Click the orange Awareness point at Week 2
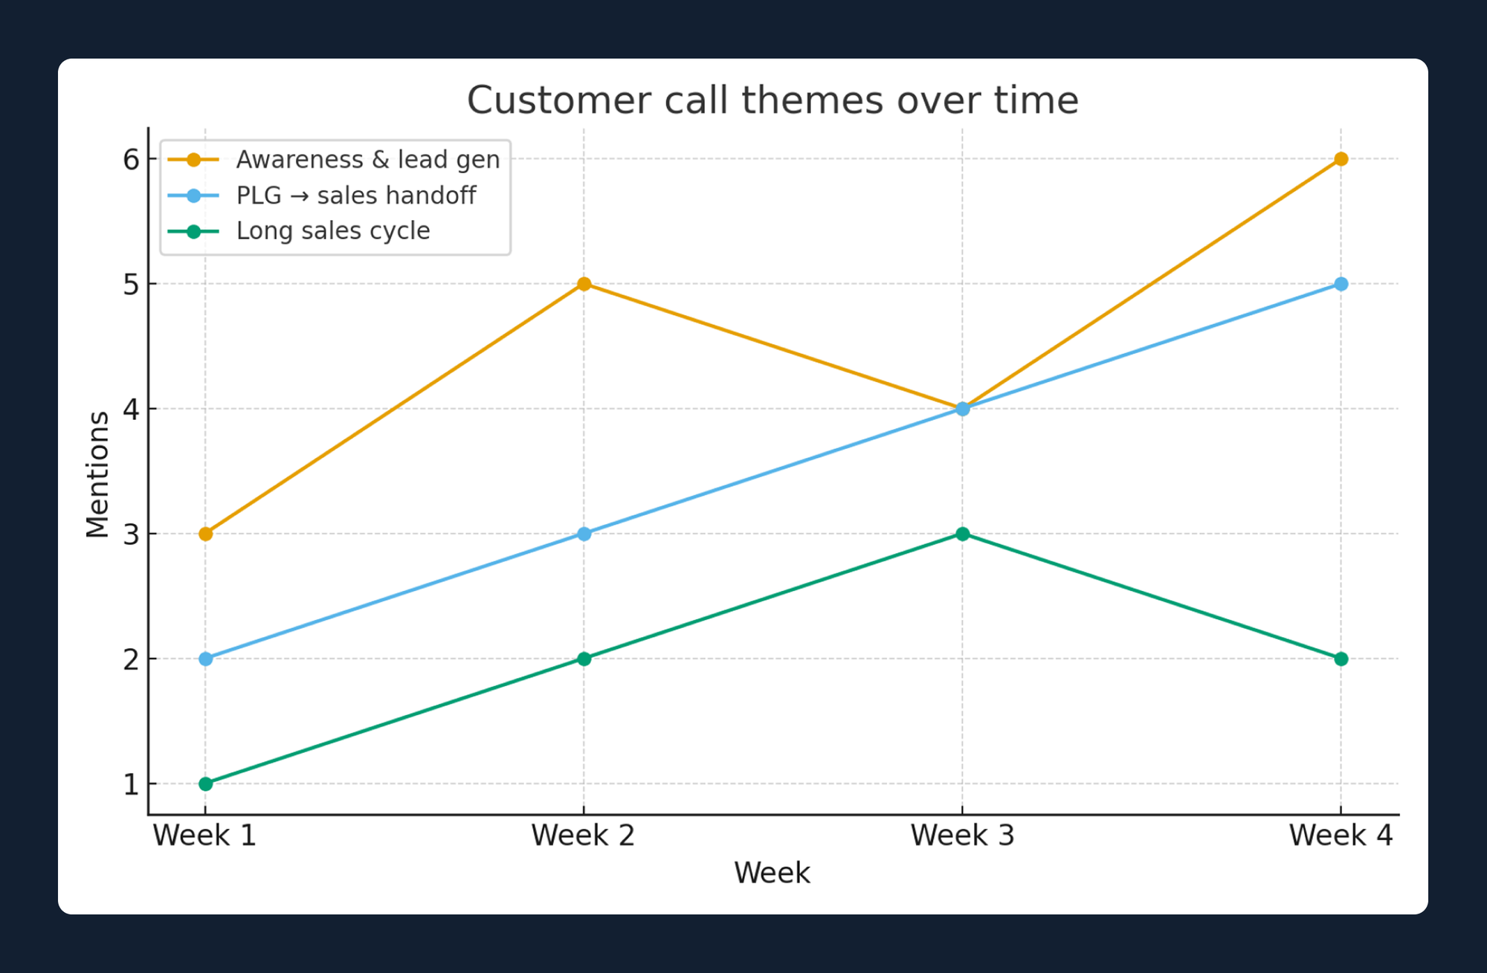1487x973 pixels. (584, 284)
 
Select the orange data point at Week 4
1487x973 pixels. (1341, 159)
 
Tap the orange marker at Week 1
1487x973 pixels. (206, 534)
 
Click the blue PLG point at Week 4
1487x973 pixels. (1341, 284)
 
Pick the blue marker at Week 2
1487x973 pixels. (584, 534)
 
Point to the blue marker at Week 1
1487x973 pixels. (206, 659)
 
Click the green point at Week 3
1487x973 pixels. (962, 534)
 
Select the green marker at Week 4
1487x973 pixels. (1341, 659)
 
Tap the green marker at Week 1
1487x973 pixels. (206, 783)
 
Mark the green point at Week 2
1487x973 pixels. (584, 659)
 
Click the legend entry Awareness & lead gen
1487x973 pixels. (367, 160)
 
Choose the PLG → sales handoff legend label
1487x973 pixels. (355, 195)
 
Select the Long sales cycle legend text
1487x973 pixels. (332, 231)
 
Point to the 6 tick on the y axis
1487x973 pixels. (131, 159)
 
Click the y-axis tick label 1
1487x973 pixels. (131, 784)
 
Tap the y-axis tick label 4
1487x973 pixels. (131, 409)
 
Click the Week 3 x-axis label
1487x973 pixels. (962, 835)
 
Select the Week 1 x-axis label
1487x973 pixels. (204, 835)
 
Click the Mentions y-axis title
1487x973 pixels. (97, 474)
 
